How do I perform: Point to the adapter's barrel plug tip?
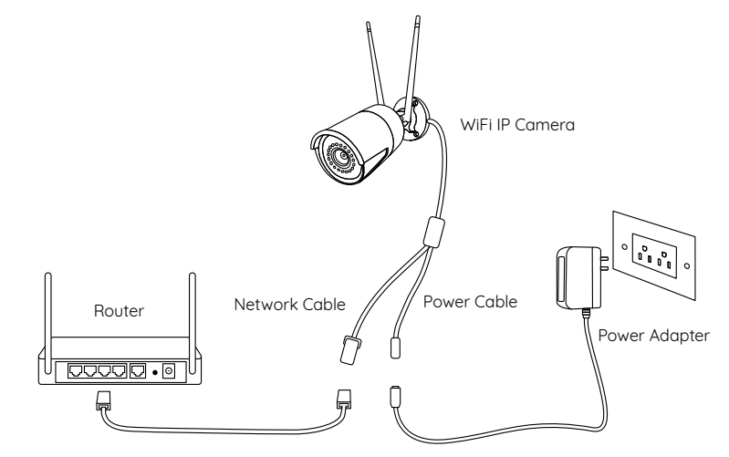point(395,399)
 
